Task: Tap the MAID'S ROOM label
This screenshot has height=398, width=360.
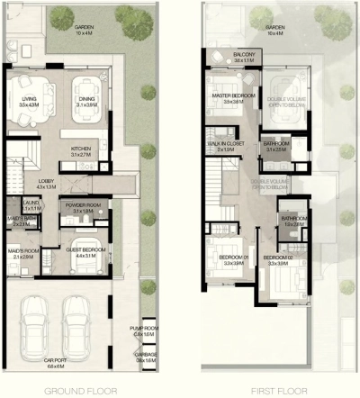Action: [x=23, y=253]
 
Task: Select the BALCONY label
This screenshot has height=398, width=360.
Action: [x=244, y=57]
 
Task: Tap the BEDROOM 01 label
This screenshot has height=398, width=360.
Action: [x=232, y=260]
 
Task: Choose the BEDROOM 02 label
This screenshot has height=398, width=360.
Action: [x=279, y=260]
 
